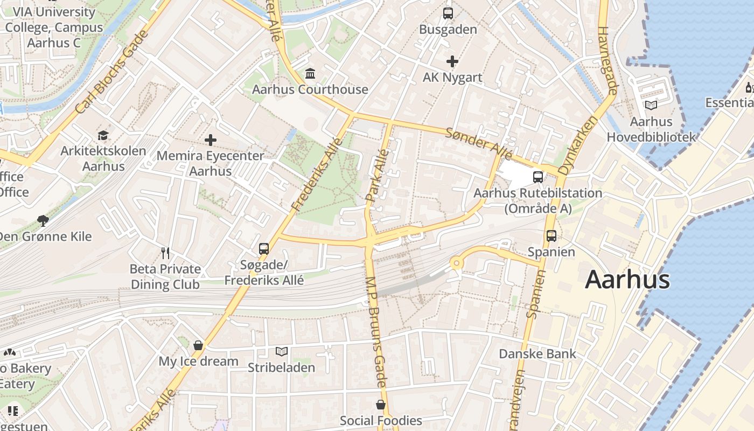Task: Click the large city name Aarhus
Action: [627, 280]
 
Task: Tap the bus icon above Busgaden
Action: [448, 13]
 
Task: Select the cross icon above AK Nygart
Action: [452, 61]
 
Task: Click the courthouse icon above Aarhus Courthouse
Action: [310, 73]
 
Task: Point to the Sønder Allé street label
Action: [478, 143]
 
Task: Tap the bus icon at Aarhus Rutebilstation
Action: [537, 177]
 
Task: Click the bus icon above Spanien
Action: [551, 235]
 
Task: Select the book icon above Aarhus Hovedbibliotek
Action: [651, 106]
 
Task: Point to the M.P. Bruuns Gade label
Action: [376, 331]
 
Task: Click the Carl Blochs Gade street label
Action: [112, 72]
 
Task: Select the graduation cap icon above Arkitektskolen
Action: [103, 135]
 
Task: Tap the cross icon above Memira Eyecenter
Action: [211, 141]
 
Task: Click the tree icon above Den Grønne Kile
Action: [43, 220]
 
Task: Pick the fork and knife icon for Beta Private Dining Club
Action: [165, 253]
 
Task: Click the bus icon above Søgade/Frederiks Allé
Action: [264, 248]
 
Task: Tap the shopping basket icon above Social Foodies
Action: [381, 405]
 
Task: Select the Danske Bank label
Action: [537, 354]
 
